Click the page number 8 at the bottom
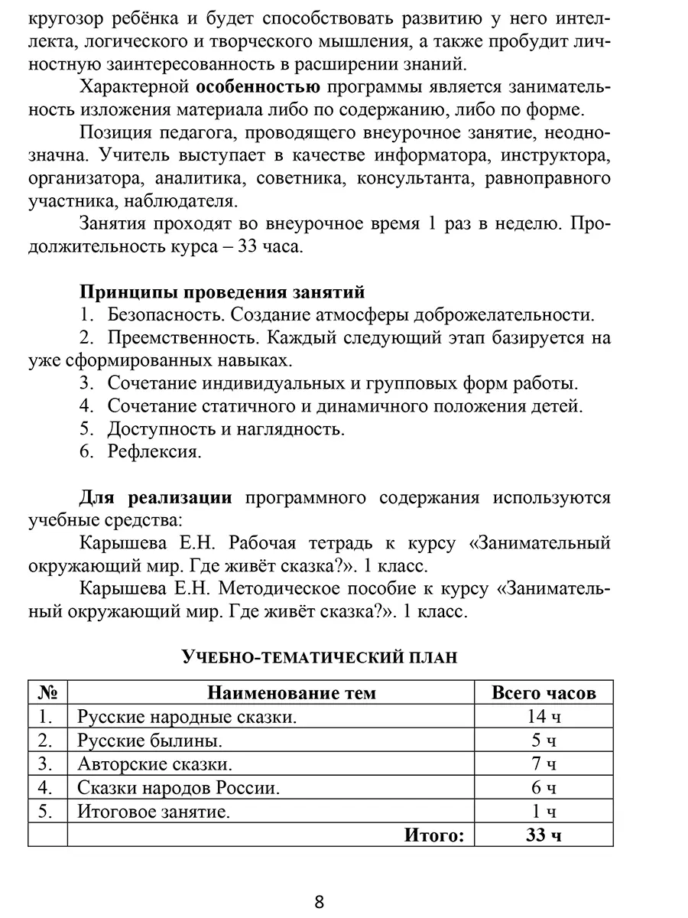[320, 901]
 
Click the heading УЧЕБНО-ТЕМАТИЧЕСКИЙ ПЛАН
[319, 657]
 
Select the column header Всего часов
[544, 693]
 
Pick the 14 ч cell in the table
[544, 717]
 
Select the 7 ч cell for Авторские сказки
[544, 764]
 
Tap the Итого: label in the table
[434, 835]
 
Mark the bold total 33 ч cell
[544, 835]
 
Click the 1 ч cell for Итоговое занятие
[544, 812]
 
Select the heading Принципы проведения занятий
[222, 291]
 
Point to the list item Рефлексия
[154, 451]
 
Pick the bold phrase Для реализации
[156, 498]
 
